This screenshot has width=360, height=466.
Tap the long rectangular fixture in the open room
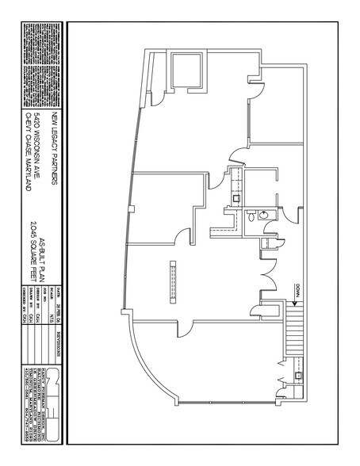click(170, 281)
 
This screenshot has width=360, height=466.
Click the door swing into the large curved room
click(185, 325)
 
